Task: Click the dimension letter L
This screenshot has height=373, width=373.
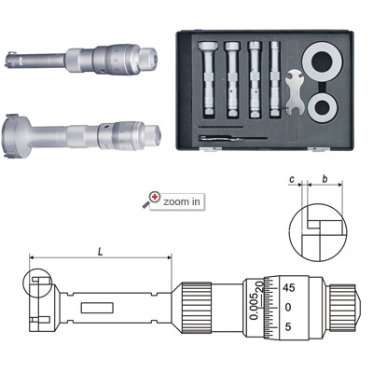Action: pos(100,252)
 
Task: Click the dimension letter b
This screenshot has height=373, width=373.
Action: pos(325,179)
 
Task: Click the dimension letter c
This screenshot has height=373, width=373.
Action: pos(292,180)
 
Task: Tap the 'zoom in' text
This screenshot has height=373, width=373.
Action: pos(182,201)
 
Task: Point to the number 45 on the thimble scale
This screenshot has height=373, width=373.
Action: pos(288,288)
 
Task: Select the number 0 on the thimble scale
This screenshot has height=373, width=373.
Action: pos(288,308)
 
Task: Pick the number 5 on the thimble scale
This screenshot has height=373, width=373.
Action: pos(288,327)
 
